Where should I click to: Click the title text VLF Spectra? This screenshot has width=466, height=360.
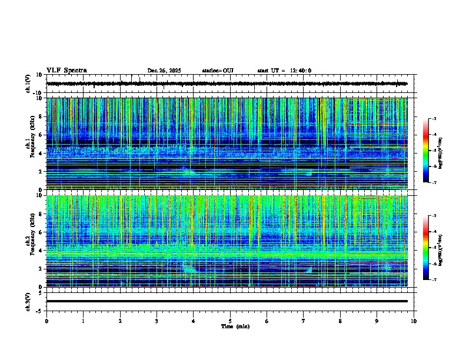[66, 71]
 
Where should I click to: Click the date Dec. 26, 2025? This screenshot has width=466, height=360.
[164, 71]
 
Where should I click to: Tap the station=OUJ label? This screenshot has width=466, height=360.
[218, 71]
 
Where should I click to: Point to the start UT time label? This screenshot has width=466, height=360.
[284, 71]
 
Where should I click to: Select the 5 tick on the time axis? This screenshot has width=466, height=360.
[230, 321]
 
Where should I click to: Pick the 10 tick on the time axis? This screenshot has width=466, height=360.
[414, 321]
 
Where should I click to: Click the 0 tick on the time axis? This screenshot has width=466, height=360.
[46, 321]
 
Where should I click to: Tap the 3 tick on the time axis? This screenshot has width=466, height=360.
[157, 321]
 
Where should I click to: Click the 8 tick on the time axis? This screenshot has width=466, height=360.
[340, 321]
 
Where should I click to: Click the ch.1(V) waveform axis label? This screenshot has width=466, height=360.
[28, 84]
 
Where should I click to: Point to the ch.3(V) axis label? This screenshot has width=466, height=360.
[28, 301]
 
